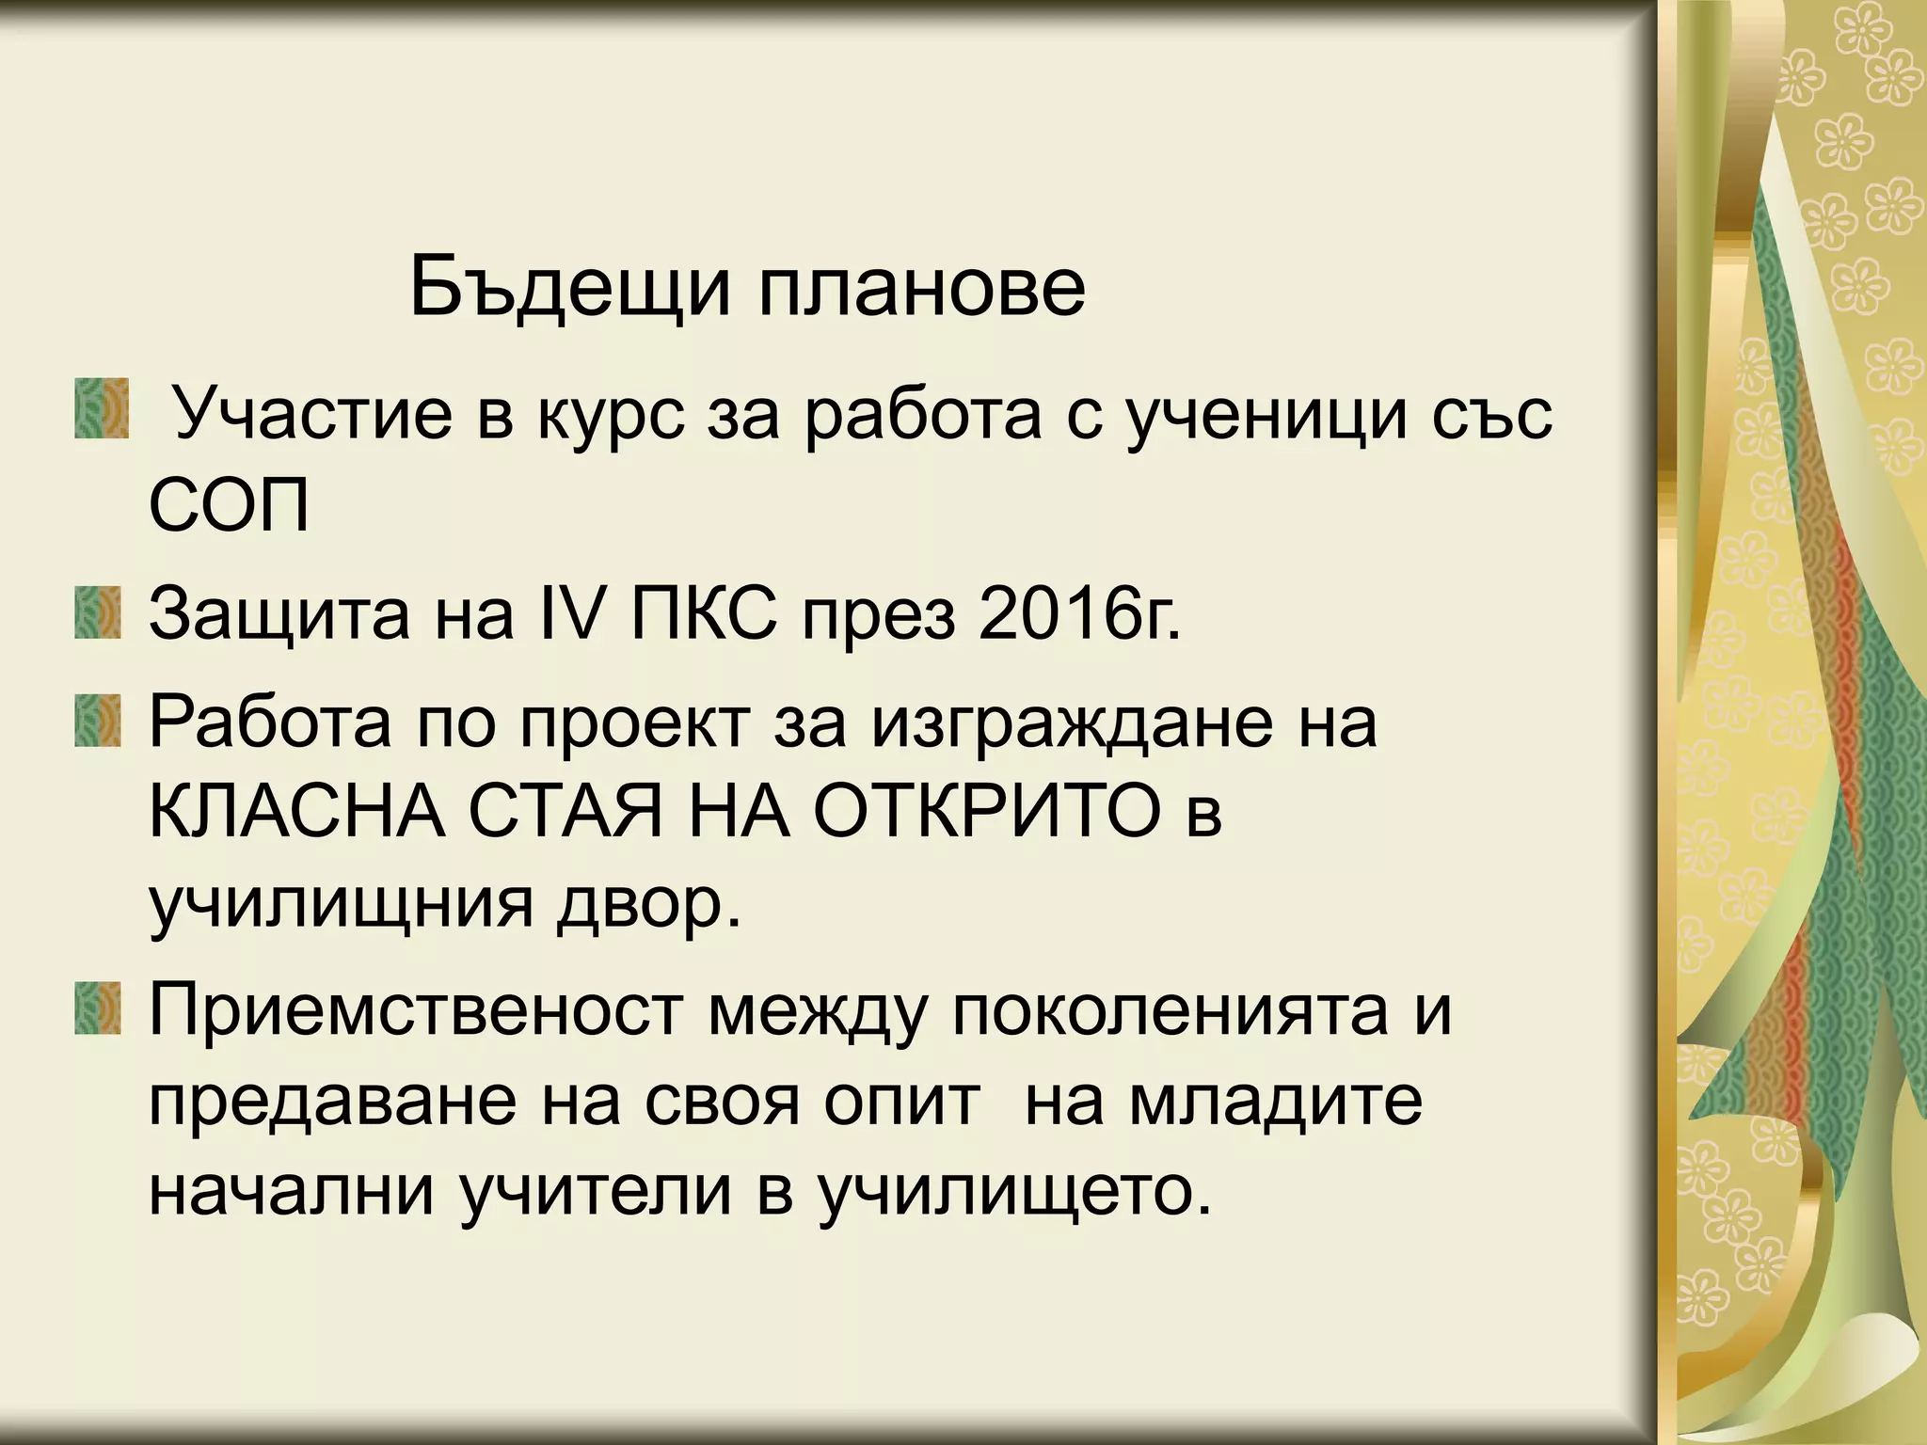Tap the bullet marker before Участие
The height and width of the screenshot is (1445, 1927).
(x=101, y=408)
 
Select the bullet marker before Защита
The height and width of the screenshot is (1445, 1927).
(x=99, y=613)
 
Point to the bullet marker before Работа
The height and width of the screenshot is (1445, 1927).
(x=99, y=721)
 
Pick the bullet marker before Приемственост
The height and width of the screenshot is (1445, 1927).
(x=99, y=1008)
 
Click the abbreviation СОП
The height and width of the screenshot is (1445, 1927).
(x=229, y=508)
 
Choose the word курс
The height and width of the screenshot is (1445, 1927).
(x=612, y=416)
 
